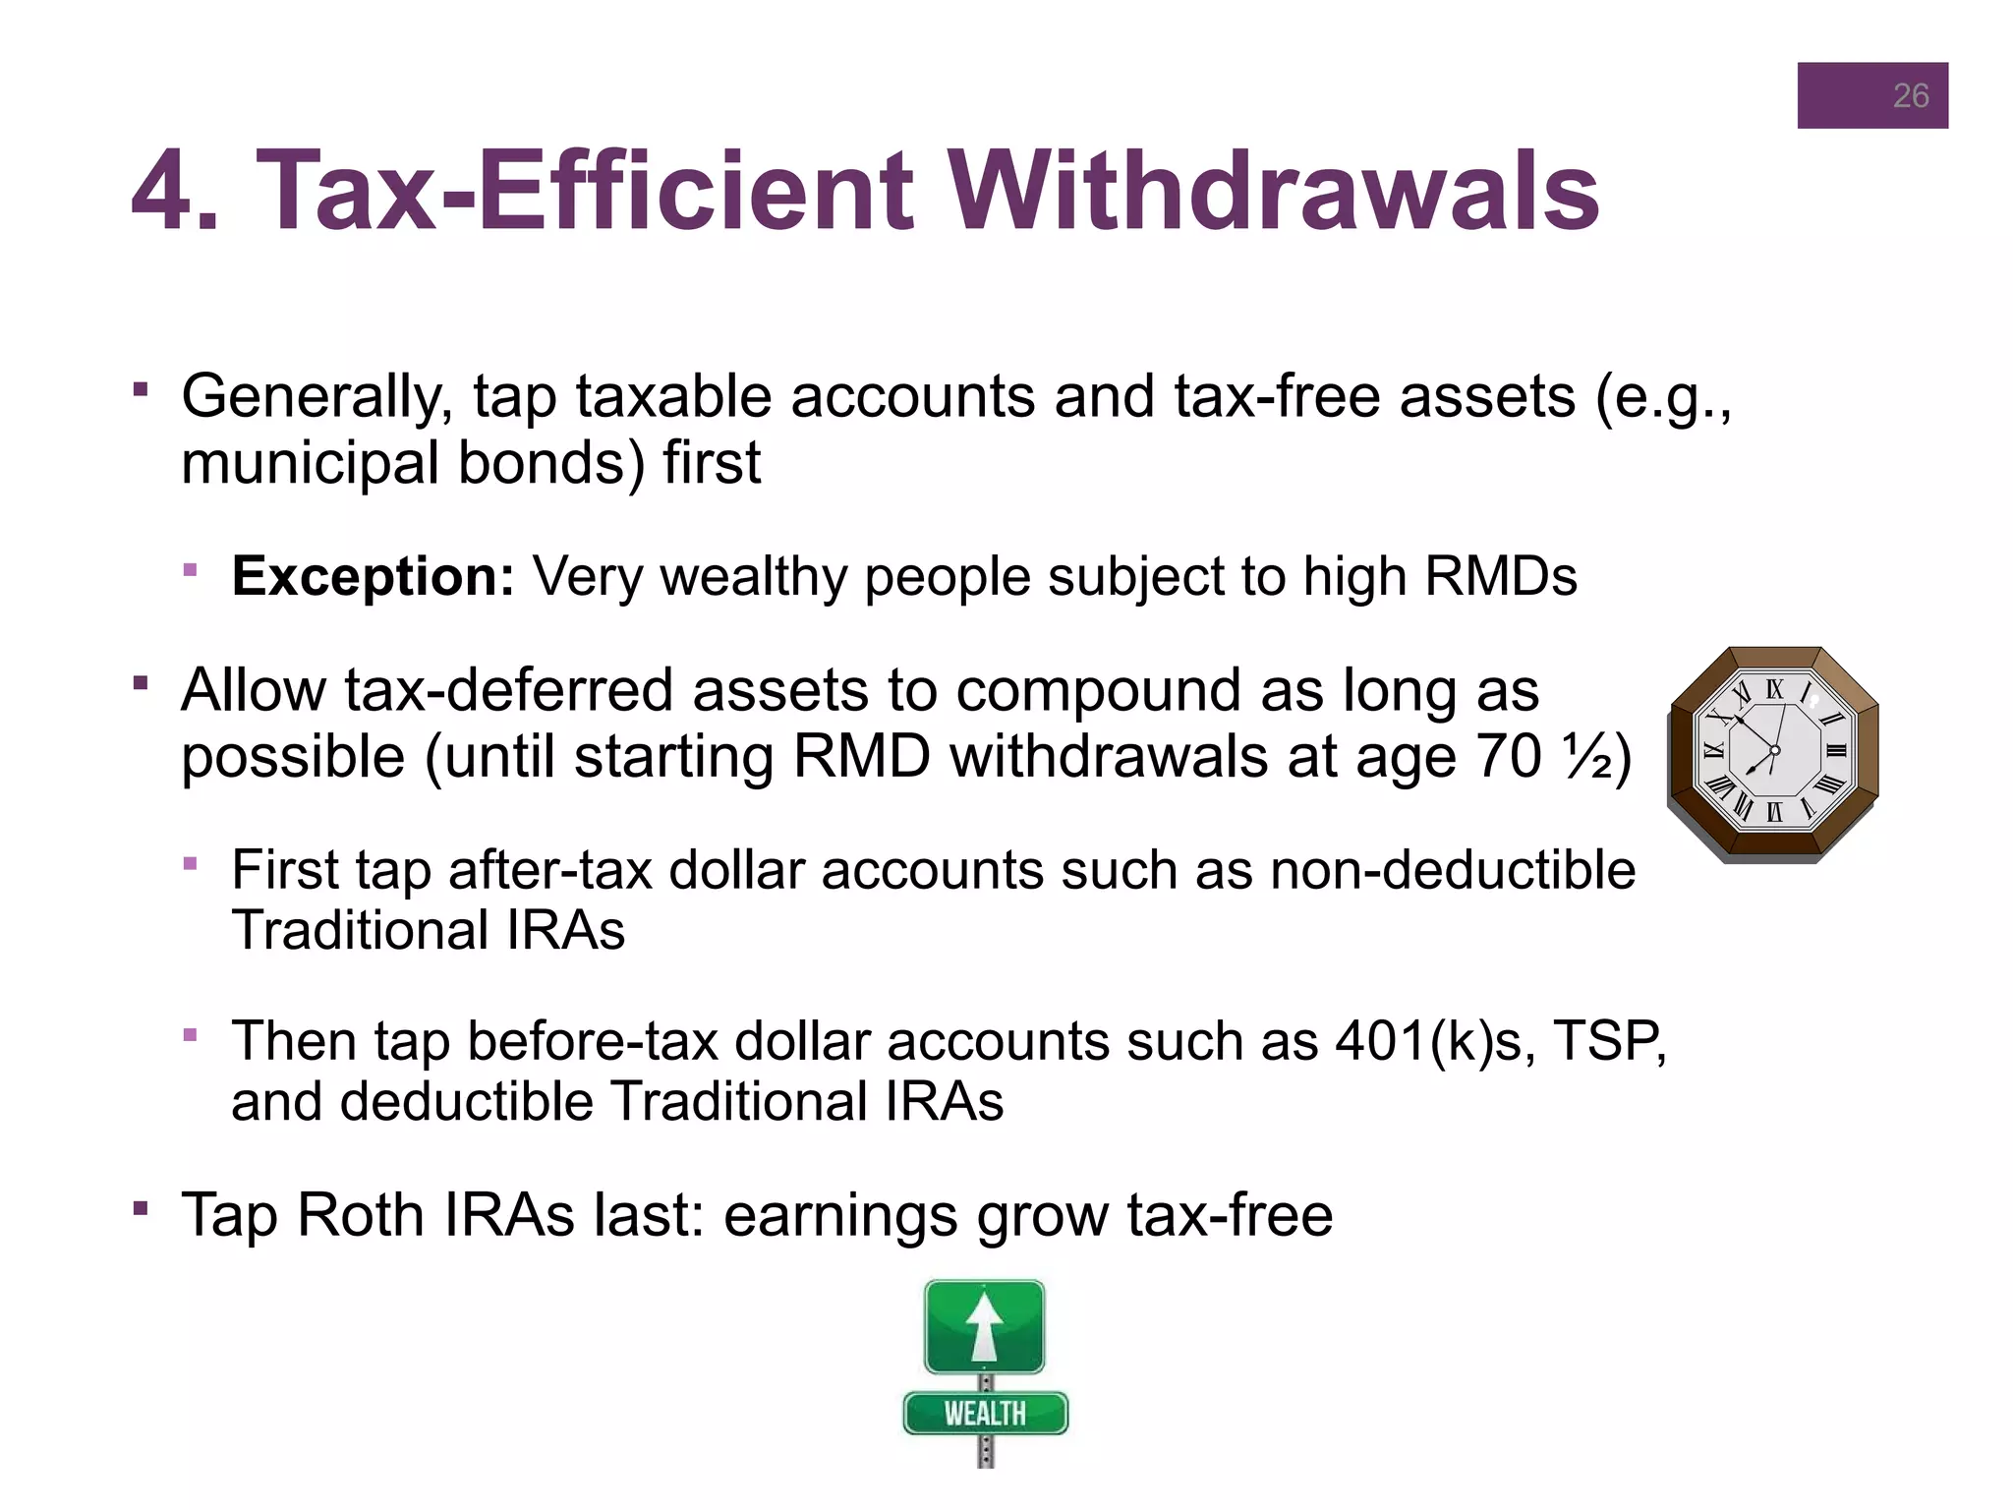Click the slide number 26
pyautogui.click(x=1910, y=95)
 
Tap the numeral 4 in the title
pyautogui.click(x=162, y=190)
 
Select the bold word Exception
pyautogui.click(x=373, y=576)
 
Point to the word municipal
pyautogui.click(x=310, y=463)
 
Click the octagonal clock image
pyautogui.click(x=1773, y=754)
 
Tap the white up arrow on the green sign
pyautogui.click(x=984, y=1325)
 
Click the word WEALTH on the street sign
pyautogui.click(x=985, y=1414)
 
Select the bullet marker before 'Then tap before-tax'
pyautogui.click(x=191, y=1034)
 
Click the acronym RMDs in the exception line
pyautogui.click(x=1500, y=576)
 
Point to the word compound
pyautogui.click(x=1097, y=690)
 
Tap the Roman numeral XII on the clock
pyautogui.click(x=1774, y=689)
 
